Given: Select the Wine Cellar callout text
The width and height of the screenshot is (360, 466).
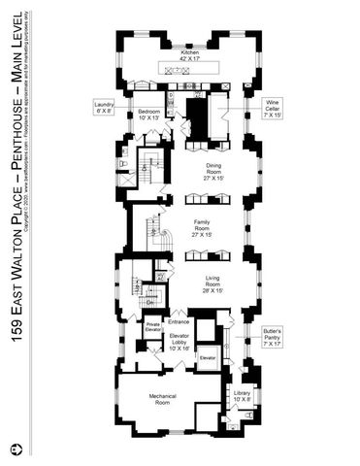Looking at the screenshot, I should (x=273, y=105).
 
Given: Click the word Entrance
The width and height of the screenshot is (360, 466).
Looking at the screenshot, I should (x=179, y=321).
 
